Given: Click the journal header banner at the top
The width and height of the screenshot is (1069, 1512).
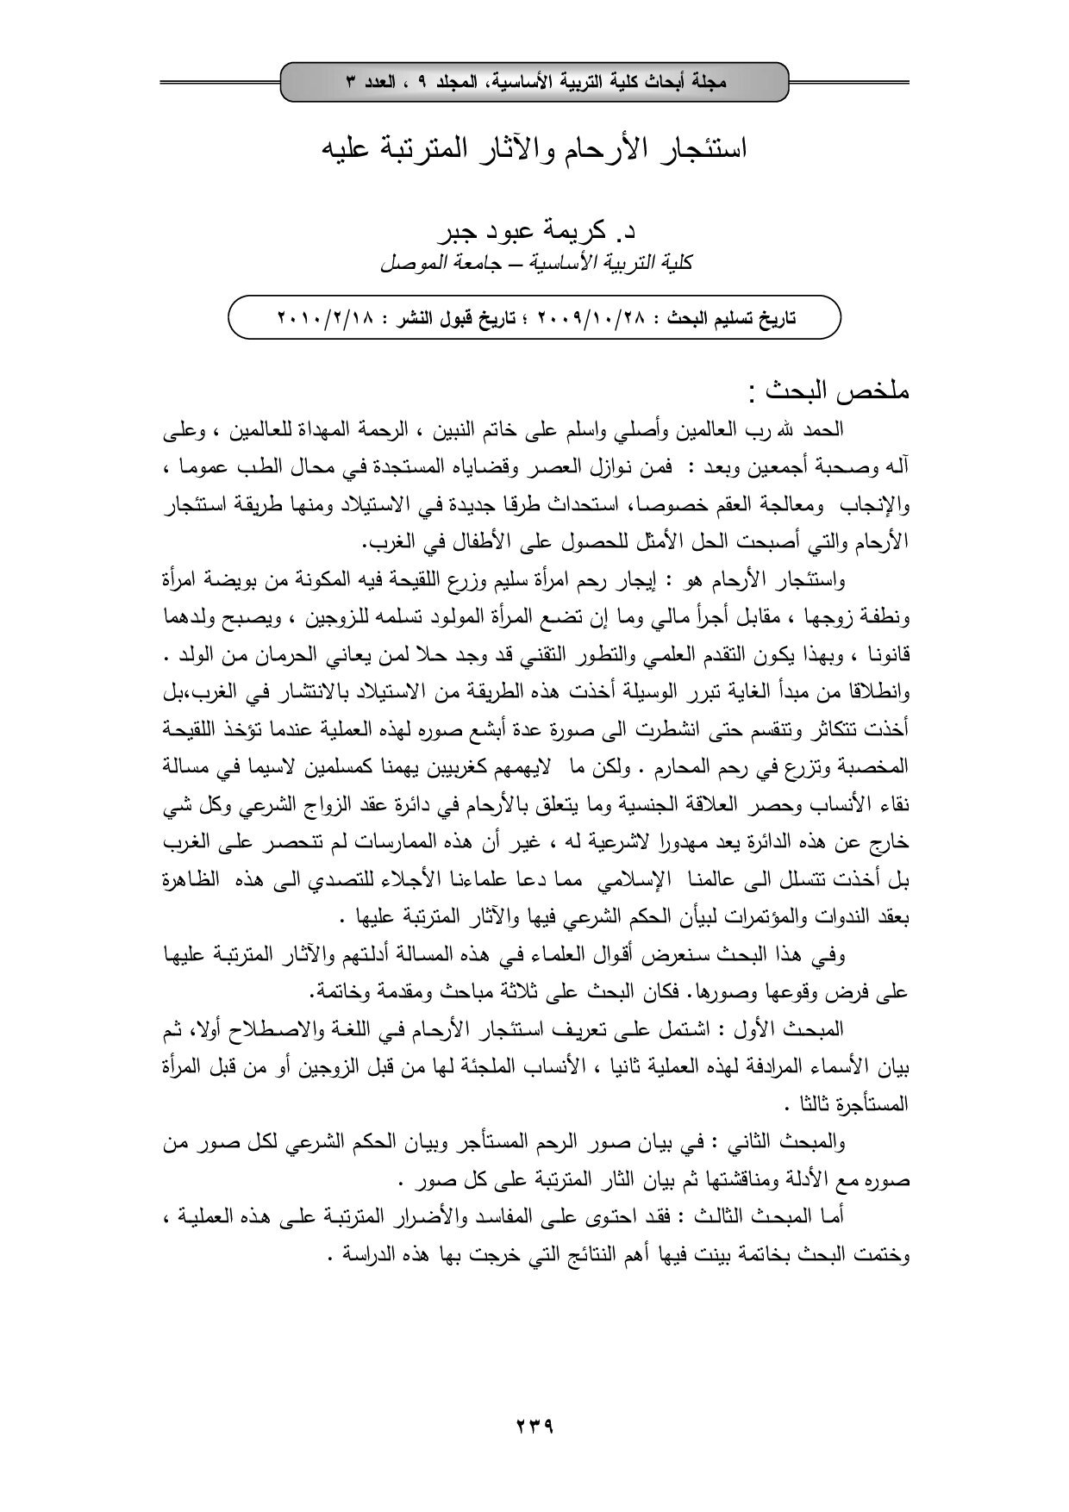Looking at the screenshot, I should tap(534, 83).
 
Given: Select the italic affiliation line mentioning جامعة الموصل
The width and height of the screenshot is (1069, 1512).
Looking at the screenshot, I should tap(534, 263).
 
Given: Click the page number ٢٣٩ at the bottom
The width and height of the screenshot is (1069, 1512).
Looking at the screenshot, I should tap(534, 1426).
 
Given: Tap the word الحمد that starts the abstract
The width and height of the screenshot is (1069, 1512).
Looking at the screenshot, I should tap(824, 429).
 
